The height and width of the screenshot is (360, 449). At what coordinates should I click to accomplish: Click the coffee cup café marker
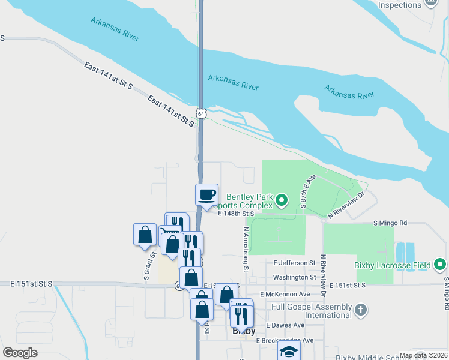click(x=206, y=194)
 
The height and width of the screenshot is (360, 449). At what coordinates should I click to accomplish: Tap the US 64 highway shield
click(x=202, y=113)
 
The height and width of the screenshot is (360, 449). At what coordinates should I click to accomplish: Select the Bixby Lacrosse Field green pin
click(x=439, y=265)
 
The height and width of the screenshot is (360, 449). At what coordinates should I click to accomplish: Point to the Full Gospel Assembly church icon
click(x=360, y=310)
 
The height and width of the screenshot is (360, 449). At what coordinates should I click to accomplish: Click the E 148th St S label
click(x=237, y=213)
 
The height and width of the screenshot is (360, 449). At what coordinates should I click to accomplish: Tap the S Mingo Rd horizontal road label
click(x=390, y=223)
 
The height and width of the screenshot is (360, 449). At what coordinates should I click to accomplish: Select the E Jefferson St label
click(x=294, y=263)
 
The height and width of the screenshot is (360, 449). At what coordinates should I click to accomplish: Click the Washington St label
click(x=294, y=277)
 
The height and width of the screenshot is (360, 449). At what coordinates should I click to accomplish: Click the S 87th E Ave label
click(x=307, y=191)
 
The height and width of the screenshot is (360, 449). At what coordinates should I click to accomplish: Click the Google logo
click(x=20, y=353)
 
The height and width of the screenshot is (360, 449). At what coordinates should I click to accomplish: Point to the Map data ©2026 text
click(x=423, y=355)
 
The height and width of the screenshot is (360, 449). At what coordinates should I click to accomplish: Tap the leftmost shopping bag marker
click(x=145, y=234)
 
